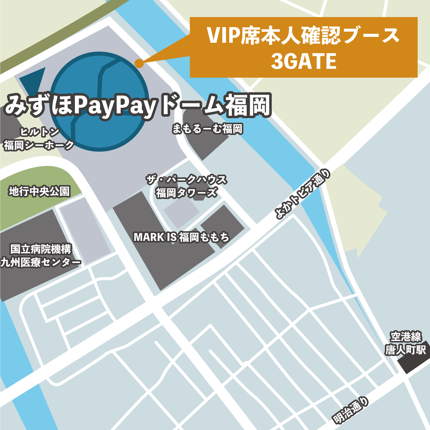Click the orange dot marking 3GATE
click(139, 63)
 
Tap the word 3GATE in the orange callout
click(304, 61)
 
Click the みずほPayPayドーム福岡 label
click(138, 105)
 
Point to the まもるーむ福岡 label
click(207, 129)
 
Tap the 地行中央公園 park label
click(39, 191)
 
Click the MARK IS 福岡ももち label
click(181, 237)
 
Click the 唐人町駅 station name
click(405, 350)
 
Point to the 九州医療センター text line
click(40, 262)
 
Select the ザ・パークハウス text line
click(186, 180)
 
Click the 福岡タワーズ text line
click(186, 193)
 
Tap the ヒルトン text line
click(39, 132)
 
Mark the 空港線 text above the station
click(406, 337)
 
